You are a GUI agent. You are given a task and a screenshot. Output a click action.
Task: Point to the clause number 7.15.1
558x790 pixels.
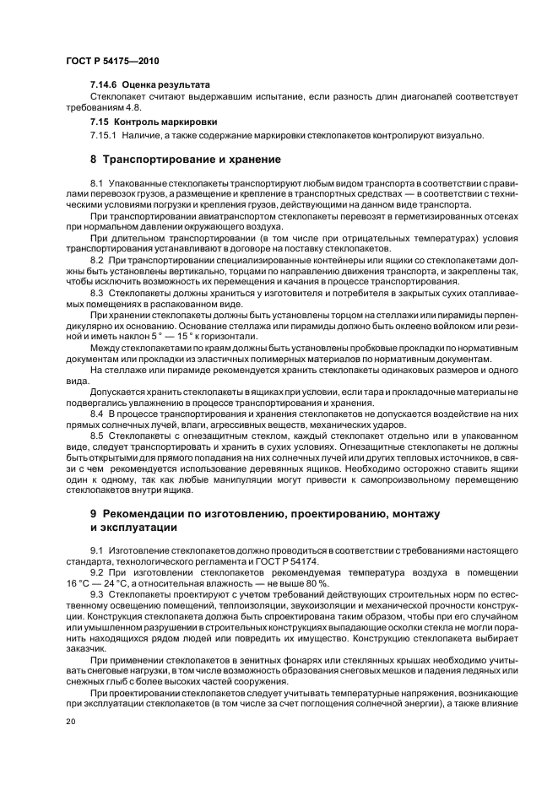tap(103, 134)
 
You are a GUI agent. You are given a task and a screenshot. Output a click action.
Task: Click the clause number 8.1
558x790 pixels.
tap(95, 182)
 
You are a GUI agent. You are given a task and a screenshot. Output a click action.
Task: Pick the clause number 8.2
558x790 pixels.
tap(95, 260)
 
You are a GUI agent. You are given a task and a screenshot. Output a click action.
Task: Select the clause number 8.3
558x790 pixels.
tap(95, 291)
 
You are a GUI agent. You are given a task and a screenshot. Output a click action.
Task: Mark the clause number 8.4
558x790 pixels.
tap(95, 414)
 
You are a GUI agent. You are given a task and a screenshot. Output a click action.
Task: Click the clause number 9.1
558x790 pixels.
tap(95, 551)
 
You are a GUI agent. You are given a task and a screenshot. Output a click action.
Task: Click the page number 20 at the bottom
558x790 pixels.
tap(70, 722)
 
